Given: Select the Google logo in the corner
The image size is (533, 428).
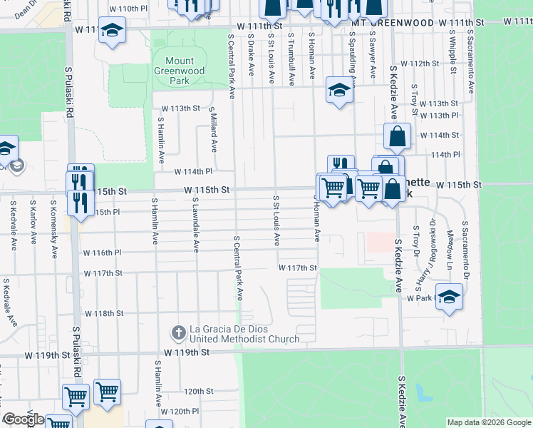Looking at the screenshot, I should pos(24,419).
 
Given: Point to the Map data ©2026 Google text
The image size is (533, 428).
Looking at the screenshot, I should pos(489,422).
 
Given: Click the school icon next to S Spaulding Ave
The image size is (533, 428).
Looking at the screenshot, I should pos(339,91).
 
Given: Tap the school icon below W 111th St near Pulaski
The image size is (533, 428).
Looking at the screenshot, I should pos(112,31).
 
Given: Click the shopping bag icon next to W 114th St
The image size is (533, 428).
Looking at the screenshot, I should pos(397,136).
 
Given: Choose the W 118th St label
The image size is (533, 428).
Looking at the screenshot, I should pos(104,313).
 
